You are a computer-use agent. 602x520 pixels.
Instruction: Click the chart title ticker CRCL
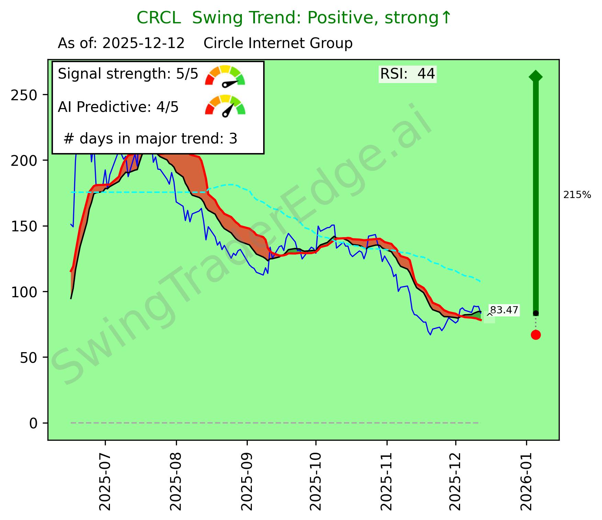click(158, 18)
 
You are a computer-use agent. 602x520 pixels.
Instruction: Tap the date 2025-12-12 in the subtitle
click(144, 44)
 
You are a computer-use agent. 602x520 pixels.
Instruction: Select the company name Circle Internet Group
click(278, 44)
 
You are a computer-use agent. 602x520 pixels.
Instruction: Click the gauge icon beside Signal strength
click(225, 76)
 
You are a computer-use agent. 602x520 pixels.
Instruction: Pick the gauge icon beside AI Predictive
click(225, 105)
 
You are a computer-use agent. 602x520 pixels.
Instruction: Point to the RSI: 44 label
click(408, 74)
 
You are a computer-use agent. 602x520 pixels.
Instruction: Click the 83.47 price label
click(504, 310)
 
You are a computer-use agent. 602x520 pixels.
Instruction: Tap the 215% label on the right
click(577, 195)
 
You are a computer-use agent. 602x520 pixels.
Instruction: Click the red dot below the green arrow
click(536, 335)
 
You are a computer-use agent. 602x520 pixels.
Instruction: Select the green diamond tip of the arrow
click(536, 76)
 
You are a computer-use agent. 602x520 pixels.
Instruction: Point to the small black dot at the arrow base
click(536, 313)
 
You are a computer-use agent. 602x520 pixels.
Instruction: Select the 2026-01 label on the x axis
click(526, 479)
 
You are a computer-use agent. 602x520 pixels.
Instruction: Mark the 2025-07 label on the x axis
click(105, 479)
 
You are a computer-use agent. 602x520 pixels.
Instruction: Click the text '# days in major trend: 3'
click(150, 139)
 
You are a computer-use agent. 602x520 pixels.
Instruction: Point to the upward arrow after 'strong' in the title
click(446, 18)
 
